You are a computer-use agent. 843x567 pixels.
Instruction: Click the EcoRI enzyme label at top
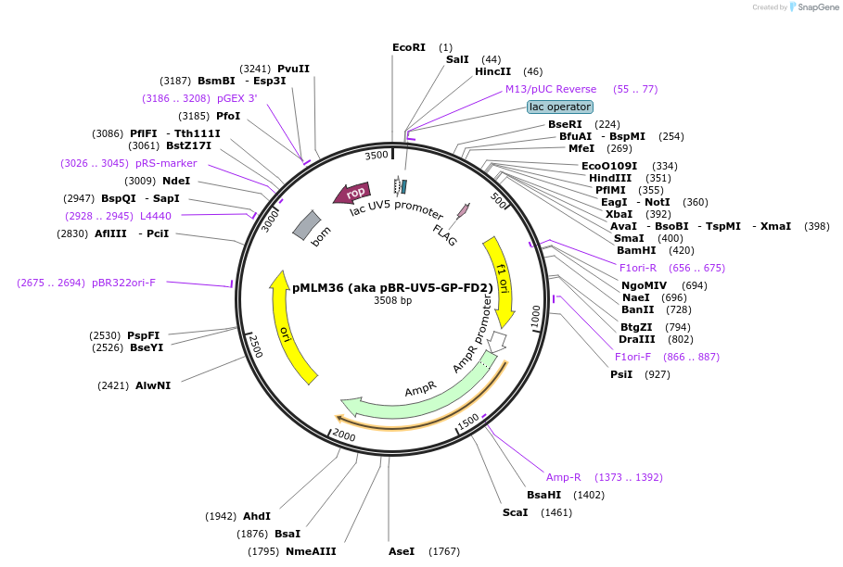point(409,47)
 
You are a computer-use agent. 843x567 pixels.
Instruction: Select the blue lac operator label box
point(560,107)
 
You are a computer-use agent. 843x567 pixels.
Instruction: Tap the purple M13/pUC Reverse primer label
point(550,89)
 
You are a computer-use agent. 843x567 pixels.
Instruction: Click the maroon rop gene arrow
point(351,194)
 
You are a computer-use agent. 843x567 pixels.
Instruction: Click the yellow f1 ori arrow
point(501,278)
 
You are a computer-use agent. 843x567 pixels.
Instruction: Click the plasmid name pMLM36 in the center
point(392,287)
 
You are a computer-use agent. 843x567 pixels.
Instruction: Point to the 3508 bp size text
point(392,300)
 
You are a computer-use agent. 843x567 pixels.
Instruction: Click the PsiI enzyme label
point(620,374)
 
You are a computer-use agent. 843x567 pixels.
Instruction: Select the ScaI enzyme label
point(515,512)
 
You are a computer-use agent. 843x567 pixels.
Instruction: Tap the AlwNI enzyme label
point(153,385)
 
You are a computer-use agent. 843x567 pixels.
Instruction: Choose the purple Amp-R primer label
point(563,477)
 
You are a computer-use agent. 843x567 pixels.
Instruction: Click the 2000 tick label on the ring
point(343,435)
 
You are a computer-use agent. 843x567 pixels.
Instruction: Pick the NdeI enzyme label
point(176,181)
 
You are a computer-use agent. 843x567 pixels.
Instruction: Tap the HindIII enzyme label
point(617,178)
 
